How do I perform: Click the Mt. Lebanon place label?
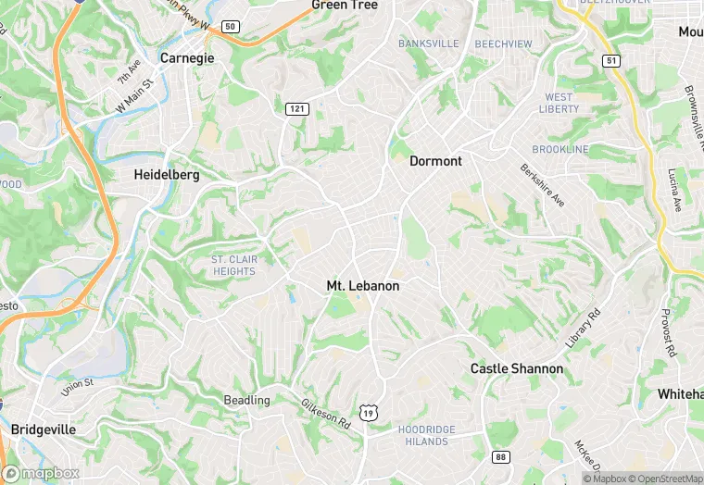(363, 286)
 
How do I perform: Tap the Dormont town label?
(435, 161)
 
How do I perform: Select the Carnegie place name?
(187, 57)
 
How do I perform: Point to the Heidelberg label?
(167, 174)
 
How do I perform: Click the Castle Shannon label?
(516, 368)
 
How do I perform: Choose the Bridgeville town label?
(44, 429)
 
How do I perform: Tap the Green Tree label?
(345, 6)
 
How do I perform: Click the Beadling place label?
(246, 400)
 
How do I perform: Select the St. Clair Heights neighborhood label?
(233, 266)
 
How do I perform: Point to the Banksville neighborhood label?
(429, 44)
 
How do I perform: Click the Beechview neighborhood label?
(503, 44)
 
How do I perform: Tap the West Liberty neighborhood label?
(559, 103)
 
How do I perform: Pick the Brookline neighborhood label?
(559, 149)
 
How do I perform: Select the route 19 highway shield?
(369, 413)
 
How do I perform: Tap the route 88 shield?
(501, 457)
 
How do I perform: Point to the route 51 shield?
(610, 60)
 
